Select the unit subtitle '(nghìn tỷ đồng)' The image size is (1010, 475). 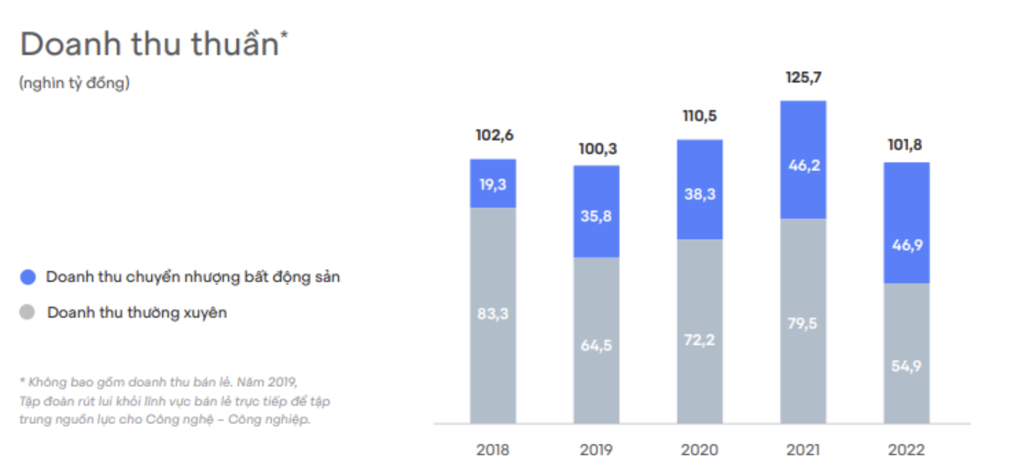(74, 83)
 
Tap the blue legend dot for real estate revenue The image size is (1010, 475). (27, 277)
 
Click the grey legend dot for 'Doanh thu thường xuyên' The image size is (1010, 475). (27, 313)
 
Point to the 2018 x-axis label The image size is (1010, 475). (493, 450)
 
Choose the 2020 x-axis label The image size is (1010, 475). (699, 450)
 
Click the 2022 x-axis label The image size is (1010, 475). (906, 450)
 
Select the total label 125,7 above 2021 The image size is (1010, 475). (803, 78)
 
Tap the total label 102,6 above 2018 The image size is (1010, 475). (493, 136)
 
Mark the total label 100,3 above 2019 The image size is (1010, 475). (596, 149)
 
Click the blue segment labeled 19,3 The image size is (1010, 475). (493, 184)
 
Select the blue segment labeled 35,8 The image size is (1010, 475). (596, 216)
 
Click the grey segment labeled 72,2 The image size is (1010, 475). (700, 339)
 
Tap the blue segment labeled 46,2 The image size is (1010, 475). (803, 165)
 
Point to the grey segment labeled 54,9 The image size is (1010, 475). (906, 366)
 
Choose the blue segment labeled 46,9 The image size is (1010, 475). (906, 246)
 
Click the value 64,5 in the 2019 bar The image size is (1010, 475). (596, 346)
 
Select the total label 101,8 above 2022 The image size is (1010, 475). (906, 145)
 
